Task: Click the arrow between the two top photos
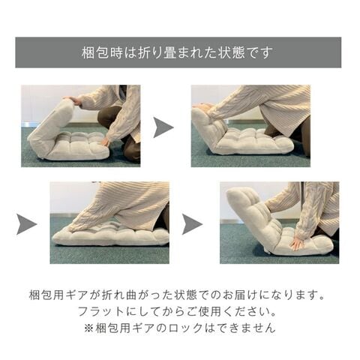(x=162, y=127)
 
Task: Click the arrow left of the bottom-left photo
(x=25, y=224)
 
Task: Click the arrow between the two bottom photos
(x=191, y=224)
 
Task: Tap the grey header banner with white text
(x=178, y=52)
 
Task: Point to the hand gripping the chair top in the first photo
(x=73, y=100)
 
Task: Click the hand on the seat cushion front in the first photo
(x=105, y=142)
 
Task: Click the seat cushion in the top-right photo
(x=253, y=142)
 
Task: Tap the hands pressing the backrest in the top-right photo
(x=202, y=108)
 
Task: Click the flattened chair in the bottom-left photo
(x=110, y=235)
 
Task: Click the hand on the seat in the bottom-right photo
(x=298, y=243)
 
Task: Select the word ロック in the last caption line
(x=185, y=328)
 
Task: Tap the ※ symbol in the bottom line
(x=88, y=328)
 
